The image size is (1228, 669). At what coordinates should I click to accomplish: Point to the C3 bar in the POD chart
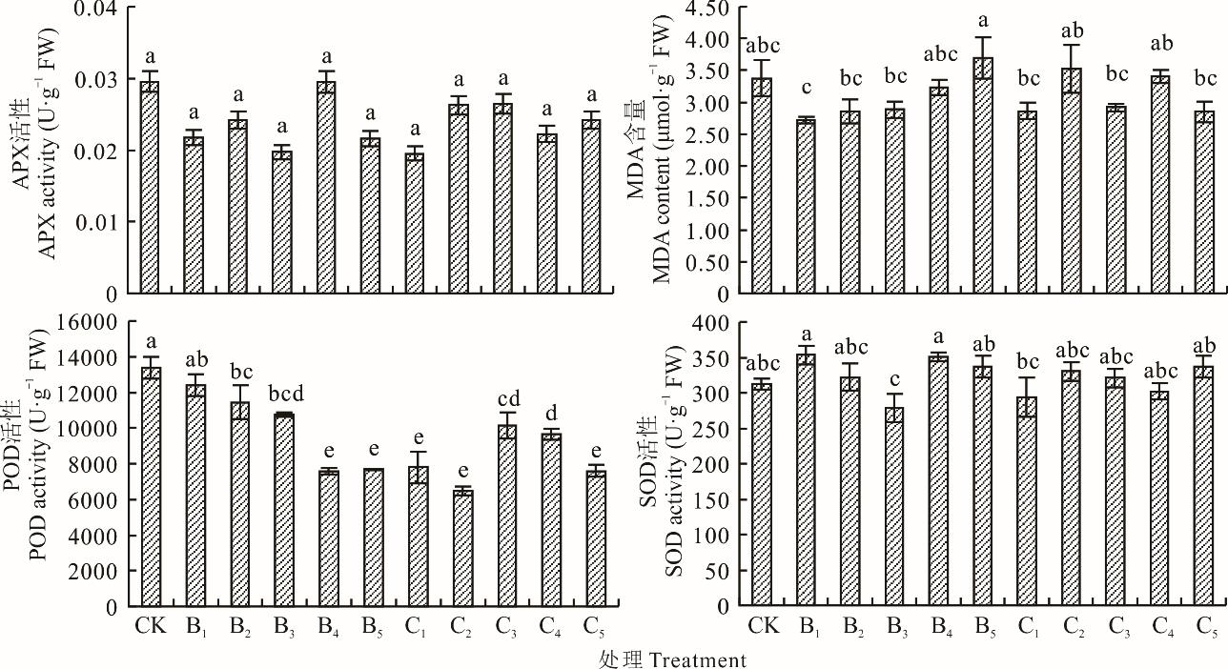click(506, 516)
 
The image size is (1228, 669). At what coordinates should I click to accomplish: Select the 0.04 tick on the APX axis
click(94, 10)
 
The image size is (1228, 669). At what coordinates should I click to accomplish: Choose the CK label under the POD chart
click(149, 627)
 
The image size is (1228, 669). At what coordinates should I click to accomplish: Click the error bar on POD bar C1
click(418, 467)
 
